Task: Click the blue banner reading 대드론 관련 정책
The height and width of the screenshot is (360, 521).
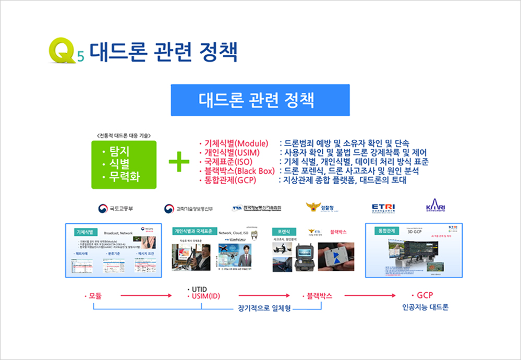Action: pyautogui.click(x=260, y=99)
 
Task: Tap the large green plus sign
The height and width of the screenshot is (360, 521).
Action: pyautogui.click(x=179, y=162)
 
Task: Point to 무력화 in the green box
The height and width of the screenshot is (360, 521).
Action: pyautogui.click(x=124, y=177)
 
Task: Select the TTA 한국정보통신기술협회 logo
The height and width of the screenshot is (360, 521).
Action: pyautogui.click(x=260, y=209)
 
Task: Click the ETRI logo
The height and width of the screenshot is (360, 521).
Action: pyautogui.click(x=383, y=208)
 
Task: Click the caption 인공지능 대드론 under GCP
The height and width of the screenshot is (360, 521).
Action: pyautogui.click(x=425, y=307)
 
